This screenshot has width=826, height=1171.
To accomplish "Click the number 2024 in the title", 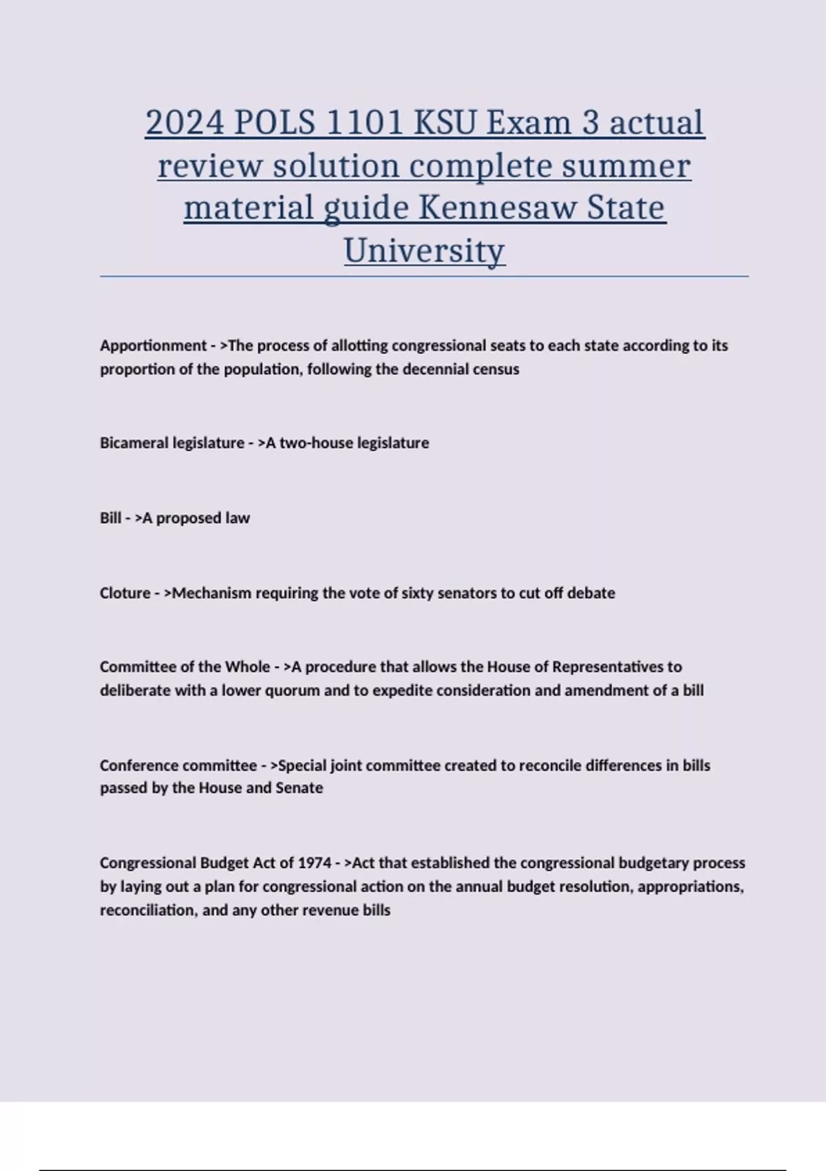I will (184, 123).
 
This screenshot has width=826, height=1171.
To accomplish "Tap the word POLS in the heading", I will (275, 123).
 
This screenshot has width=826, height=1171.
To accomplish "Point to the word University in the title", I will (424, 250).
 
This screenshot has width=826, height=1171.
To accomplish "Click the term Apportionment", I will (153, 345).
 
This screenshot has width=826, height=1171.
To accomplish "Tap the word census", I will (496, 369).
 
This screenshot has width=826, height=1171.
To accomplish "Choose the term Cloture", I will (125, 593).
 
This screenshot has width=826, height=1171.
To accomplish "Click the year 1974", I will (314, 863).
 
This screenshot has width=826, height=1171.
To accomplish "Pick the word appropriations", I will (690, 887).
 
